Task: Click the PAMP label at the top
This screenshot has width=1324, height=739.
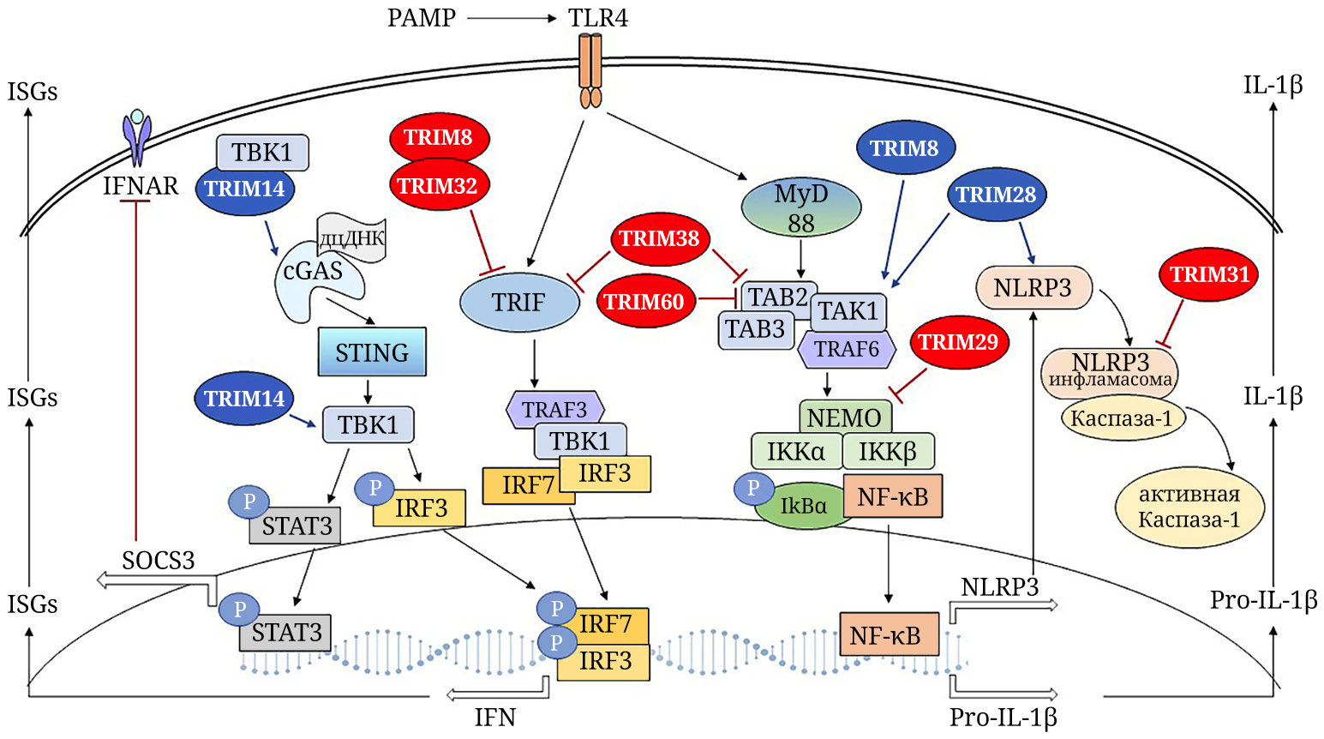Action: coord(421,17)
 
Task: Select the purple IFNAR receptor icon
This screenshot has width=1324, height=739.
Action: coord(137,137)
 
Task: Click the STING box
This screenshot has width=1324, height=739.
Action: coord(372,352)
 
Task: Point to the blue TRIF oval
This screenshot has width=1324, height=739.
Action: coord(518,303)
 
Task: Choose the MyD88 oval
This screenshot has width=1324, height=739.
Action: coord(801,208)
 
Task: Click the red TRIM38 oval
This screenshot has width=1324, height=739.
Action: coord(659,239)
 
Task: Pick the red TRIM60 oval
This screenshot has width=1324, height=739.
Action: coord(644,302)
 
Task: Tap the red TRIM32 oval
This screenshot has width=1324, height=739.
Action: coord(437,185)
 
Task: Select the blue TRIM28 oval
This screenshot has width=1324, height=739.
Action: coord(996,195)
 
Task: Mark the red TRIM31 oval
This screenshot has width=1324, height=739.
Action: coord(1209,274)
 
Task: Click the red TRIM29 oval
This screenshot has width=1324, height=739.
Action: coord(958,342)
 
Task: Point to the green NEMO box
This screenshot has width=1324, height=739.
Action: coord(844,418)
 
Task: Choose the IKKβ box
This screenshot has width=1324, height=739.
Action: coord(888,452)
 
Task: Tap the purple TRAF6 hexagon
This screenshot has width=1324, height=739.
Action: coord(847,350)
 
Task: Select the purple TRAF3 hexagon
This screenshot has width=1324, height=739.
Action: coord(555,410)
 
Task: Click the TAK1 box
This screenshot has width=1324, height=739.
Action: coord(848,311)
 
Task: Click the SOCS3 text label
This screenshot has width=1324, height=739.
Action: coord(159,561)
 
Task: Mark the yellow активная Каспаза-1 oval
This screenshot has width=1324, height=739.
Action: coord(1189,507)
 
